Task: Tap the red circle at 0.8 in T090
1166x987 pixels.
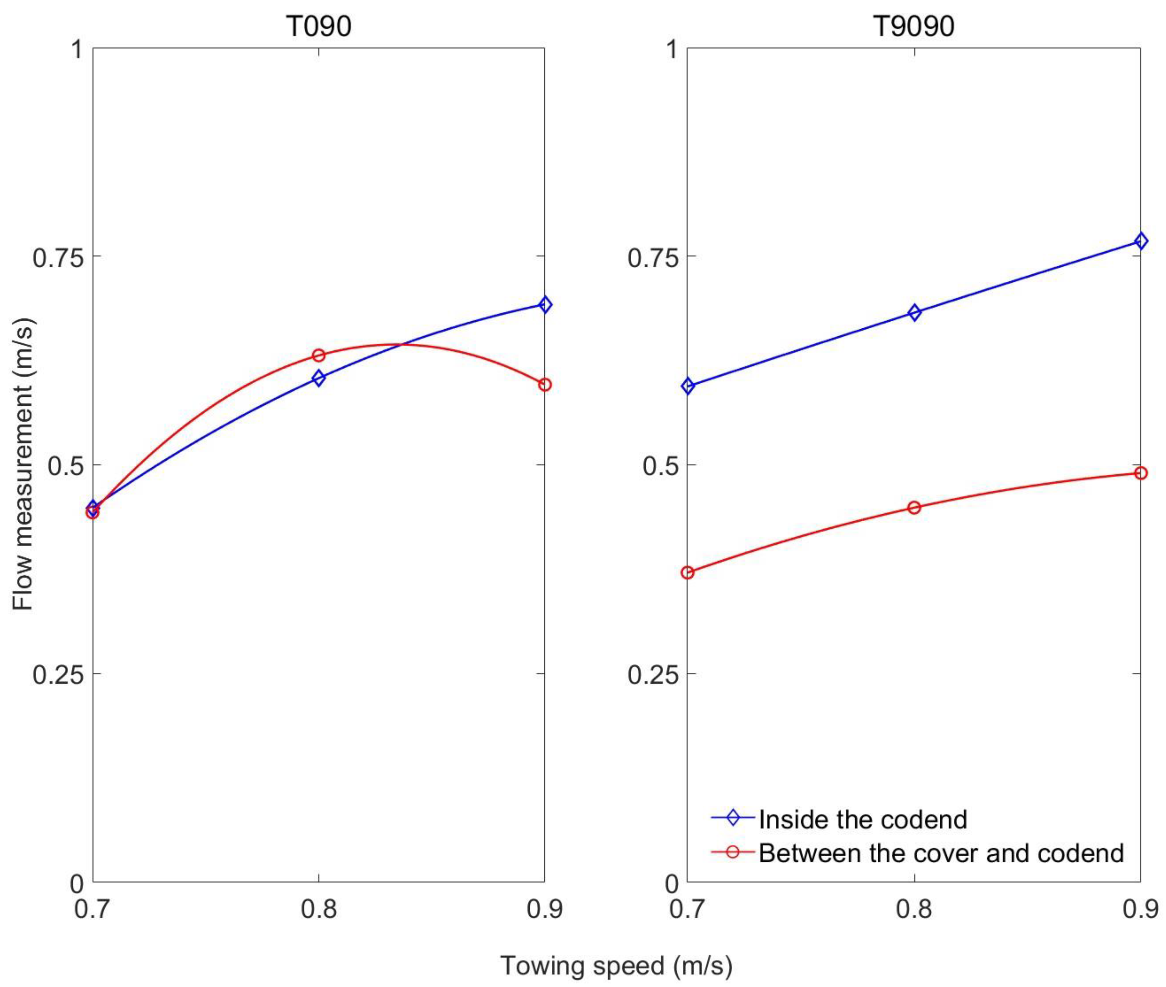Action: [x=318, y=355]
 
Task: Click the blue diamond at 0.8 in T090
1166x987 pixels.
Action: [x=318, y=378]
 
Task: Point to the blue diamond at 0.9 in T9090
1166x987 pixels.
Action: [x=1140, y=241]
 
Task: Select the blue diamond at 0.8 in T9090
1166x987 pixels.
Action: [x=914, y=312]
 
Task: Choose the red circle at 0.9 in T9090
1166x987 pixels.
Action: [x=1140, y=473]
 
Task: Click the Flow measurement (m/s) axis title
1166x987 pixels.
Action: [x=23, y=464]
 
